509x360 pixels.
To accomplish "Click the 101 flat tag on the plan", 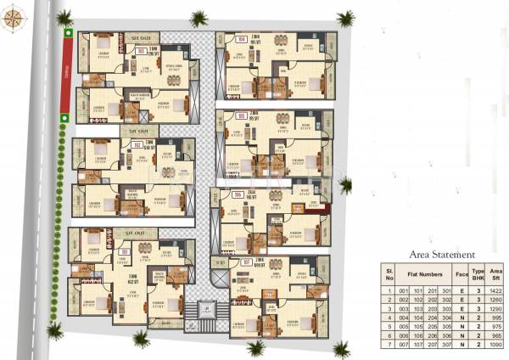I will click(141, 51).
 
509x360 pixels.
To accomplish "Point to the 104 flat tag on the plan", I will click(242, 38).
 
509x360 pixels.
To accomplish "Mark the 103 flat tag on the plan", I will click(124, 251).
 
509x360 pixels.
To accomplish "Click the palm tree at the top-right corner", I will click(344, 17).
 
